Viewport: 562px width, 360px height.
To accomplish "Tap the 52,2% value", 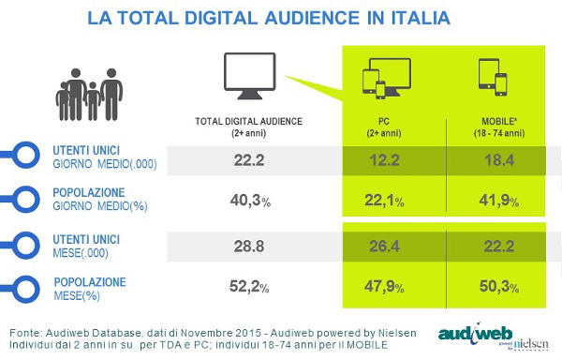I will (x=247, y=285).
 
